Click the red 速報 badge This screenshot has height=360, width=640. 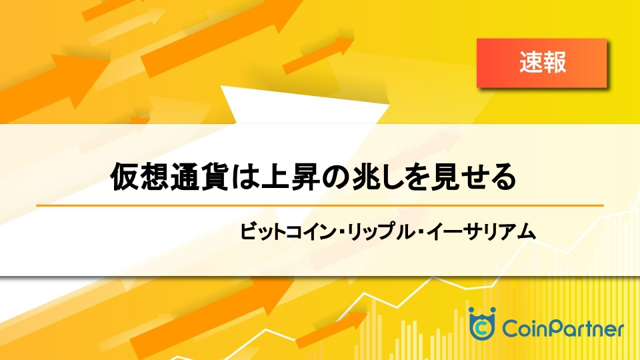tap(541, 63)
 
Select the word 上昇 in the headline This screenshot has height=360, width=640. tap(290, 177)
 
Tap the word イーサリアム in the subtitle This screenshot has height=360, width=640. tap(480, 231)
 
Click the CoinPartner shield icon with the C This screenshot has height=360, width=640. tap(482, 324)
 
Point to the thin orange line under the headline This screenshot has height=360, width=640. tap(319, 205)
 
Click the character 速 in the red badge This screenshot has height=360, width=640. tap(531, 63)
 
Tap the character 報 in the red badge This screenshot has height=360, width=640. tap(555, 63)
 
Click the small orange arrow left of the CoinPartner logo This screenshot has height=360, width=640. tap(331, 329)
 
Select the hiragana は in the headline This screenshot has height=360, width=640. tap(245, 177)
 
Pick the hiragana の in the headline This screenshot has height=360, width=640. tap(335, 177)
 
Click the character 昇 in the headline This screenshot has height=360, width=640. tap(305, 177)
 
